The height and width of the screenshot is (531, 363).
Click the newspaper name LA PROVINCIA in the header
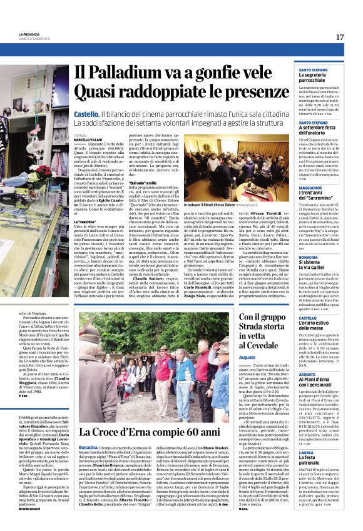(x=29, y=34)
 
